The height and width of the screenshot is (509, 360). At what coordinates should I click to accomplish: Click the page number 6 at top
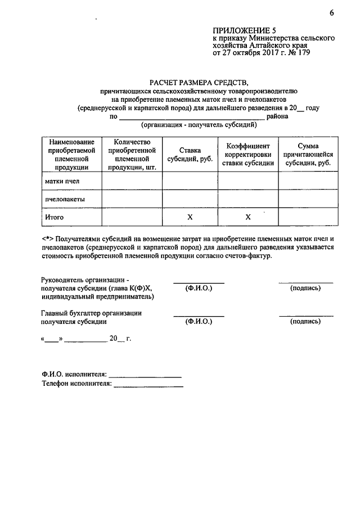pos(332,13)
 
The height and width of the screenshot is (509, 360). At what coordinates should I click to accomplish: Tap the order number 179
pos(302,53)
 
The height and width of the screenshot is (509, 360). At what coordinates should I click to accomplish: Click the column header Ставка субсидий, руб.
pos(190,155)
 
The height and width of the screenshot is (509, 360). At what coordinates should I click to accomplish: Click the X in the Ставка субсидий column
pos(190,217)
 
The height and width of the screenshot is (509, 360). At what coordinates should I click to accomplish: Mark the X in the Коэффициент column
pos(248,217)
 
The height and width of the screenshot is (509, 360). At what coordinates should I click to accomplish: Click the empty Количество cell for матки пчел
pos(132,181)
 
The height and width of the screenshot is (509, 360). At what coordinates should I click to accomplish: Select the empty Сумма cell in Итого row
pos(308,217)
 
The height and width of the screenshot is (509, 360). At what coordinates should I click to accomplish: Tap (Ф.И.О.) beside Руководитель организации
pos(198,288)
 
